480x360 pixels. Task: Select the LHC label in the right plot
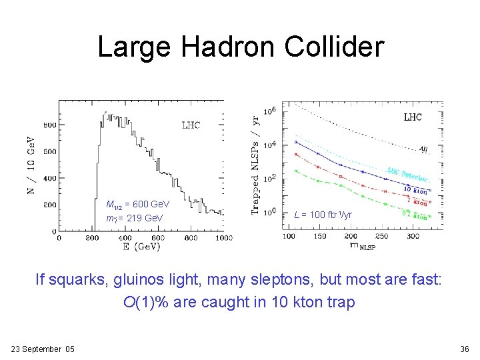[413, 117]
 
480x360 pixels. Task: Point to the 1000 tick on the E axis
[223, 237]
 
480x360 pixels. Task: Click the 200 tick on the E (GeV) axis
[91, 237]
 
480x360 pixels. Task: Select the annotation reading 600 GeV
[138, 204]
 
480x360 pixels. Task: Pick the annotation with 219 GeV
[135, 218]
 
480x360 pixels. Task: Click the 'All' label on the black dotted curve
[423, 149]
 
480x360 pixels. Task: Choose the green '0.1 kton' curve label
[415, 216]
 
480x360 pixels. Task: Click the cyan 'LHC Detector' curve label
[407, 175]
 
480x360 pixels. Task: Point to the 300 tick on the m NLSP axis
[412, 236]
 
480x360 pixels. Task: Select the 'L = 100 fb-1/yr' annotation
[323, 215]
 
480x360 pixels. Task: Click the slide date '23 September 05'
[43, 349]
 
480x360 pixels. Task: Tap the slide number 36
[464, 349]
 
